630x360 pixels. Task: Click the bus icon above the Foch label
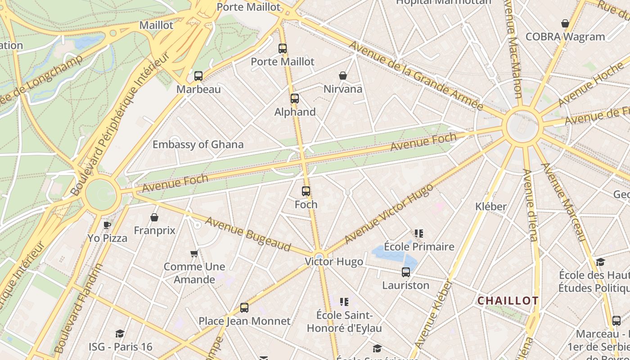click(x=306, y=191)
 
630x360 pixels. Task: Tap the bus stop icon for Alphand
click(x=295, y=98)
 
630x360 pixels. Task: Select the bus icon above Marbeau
click(x=198, y=76)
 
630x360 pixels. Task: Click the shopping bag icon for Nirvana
click(x=343, y=76)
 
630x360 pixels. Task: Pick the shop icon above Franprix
click(x=154, y=218)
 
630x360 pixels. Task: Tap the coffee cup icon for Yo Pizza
click(x=107, y=225)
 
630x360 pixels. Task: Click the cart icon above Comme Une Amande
click(x=194, y=254)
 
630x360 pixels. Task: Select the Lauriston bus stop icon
click(x=406, y=272)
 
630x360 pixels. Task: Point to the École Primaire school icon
click(x=419, y=234)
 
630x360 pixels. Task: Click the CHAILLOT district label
click(x=508, y=301)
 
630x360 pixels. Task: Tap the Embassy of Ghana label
click(x=198, y=144)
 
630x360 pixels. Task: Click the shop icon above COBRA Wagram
click(x=565, y=23)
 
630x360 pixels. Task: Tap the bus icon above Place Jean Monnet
click(x=244, y=308)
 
